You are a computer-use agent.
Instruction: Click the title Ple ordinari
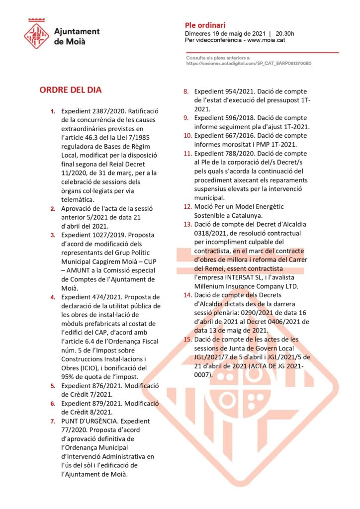pos(205,24)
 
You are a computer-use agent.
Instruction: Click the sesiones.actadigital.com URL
pos(249,64)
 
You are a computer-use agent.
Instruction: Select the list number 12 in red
pos(187,207)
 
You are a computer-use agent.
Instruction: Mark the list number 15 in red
pos(187,339)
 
